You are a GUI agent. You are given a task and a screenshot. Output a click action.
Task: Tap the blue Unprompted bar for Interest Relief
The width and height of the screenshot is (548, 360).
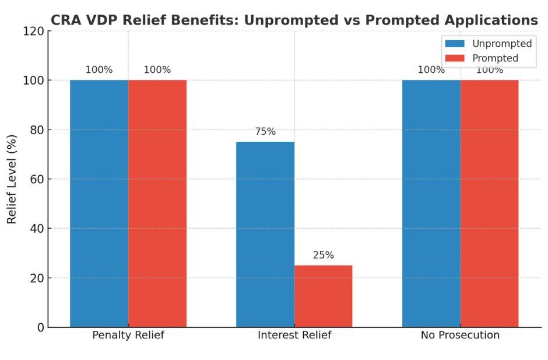point(265,234)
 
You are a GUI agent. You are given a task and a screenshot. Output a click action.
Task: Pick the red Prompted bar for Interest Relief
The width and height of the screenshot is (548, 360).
point(323,296)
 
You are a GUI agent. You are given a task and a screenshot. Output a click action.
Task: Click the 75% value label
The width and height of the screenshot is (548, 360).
point(265,132)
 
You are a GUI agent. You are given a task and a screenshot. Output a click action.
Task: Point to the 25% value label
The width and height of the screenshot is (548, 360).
point(323,255)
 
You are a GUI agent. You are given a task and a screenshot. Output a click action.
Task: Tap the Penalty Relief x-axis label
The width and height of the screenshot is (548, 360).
point(128,335)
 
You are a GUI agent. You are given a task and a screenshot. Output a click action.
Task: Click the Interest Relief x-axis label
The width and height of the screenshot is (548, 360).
point(294,335)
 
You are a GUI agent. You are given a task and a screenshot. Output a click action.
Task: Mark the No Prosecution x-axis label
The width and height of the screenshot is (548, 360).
point(460,335)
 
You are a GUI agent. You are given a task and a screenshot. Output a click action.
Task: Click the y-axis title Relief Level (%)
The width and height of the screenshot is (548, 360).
point(12,179)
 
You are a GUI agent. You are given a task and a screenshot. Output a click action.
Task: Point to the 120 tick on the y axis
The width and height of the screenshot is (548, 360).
point(33,32)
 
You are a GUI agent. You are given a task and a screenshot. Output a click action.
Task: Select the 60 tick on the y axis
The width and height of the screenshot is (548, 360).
point(36,180)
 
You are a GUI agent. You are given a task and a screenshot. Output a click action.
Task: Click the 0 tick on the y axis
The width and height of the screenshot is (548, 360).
point(40,328)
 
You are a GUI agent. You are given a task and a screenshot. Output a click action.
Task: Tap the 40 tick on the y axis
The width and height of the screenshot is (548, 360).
point(36,229)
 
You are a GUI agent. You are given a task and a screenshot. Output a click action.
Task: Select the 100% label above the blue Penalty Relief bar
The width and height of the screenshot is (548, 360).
point(99,70)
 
